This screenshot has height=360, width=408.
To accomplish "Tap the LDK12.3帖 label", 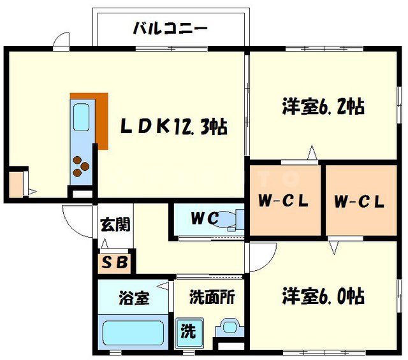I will click(x=175, y=127).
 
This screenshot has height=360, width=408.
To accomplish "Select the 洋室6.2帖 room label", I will click(x=323, y=106).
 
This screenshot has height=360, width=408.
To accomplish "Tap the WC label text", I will click(x=205, y=219).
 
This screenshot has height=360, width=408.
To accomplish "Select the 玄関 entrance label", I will click(x=115, y=225).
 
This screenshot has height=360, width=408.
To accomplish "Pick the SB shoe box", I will click(x=115, y=261).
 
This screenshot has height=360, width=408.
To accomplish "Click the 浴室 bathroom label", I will click(x=133, y=298).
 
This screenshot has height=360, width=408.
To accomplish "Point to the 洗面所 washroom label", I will click(x=208, y=298).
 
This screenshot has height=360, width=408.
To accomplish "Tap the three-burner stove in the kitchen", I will click(x=80, y=166).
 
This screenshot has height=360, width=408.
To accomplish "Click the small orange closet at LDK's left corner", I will click(x=15, y=183).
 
